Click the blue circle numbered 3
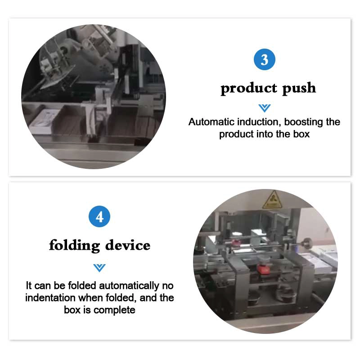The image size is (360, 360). click(x=264, y=59)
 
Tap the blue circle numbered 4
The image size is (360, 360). click(x=99, y=216)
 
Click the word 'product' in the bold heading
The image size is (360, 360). click(x=249, y=88)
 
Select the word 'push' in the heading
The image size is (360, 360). click(x=299, y=88)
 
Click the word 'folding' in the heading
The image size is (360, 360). click(x=74, y=245)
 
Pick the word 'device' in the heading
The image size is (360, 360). click(x=128, y=245)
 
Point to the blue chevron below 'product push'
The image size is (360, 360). click(x=264, y=108)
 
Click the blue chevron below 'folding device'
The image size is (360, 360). click(x=99, y=268)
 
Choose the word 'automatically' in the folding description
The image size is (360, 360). click(x=129, y=286)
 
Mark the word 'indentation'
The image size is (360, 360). click(x=50, y=297)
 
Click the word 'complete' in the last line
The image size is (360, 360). click(x=114, y=310)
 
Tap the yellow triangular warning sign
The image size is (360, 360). click(x=272, y=199)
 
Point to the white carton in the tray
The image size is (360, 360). click(x=44, y=121)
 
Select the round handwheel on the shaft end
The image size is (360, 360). click(x=307, y=243)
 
